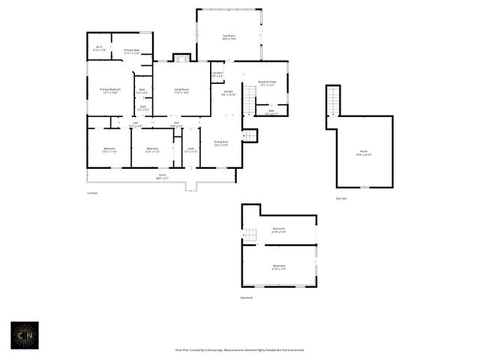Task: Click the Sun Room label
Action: [x=229, y=37]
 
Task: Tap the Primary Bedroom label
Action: [x=110, y=91]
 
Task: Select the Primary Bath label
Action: [x=132, y=52]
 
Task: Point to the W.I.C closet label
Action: [x=99, y=49]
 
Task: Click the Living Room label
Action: [x=181, y=91]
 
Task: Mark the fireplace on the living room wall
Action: [x=181, y=57]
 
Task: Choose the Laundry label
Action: [x=217, y=74]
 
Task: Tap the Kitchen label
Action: [x=229, y=93]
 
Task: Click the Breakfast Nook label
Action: [x=267, y=84]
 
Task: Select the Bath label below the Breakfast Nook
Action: [x=271, y=112]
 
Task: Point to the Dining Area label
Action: [x=221, y=142]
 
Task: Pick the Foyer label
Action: [x=190, y=150]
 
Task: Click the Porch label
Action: [x=162, y=177]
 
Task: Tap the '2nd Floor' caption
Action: [x=341, y=198]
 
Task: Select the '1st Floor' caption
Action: [x=92, y=193]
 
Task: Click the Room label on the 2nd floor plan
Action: [x=363, y=153]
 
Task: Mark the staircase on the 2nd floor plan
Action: [x=333, y=100]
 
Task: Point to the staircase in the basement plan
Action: [x=250, y=235]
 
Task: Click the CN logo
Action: [x=25, y=334]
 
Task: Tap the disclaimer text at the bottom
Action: [x=239, y=349]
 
